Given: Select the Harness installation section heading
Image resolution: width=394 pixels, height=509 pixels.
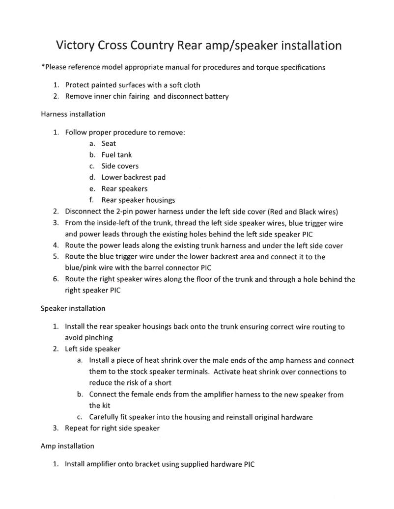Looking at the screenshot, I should tap(73, 114).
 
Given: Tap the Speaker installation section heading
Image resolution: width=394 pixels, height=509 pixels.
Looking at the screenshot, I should tap(73, 308).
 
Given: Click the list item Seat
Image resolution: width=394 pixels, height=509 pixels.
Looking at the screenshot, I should tap(109, 144).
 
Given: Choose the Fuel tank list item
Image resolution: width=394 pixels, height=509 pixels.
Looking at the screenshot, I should tap(116, 155).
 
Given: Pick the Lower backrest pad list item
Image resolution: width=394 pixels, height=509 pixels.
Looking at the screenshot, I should tap(133, 177).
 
